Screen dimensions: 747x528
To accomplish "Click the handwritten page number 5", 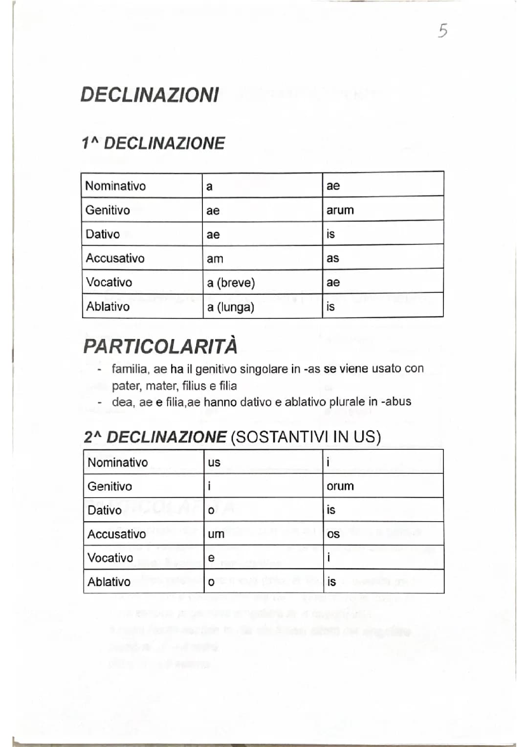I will (442, 31).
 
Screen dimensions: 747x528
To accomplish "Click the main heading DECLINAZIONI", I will (150, 95).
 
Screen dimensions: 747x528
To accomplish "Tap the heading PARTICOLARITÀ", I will (160, 346).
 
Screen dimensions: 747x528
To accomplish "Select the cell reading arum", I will (340, 210).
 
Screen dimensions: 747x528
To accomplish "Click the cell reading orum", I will (340, 486).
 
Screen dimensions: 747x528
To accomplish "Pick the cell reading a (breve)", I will (231, 283).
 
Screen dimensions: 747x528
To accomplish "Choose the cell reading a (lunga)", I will (230, 307).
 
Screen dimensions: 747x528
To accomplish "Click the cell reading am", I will (215, 259).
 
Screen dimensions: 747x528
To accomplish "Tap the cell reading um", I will (216, 534).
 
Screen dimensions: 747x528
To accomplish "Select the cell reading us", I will (214, 462).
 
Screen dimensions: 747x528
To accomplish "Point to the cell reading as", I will (332, 258).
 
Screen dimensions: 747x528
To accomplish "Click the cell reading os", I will (333, 534).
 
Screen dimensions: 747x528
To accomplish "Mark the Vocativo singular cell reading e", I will (211, 558).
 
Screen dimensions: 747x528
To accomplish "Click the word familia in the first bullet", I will (130, 369).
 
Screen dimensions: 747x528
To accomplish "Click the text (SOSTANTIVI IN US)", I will (305, 437).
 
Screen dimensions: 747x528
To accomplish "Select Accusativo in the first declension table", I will (115, 258).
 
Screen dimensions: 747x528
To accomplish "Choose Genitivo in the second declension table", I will (110, 486).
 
